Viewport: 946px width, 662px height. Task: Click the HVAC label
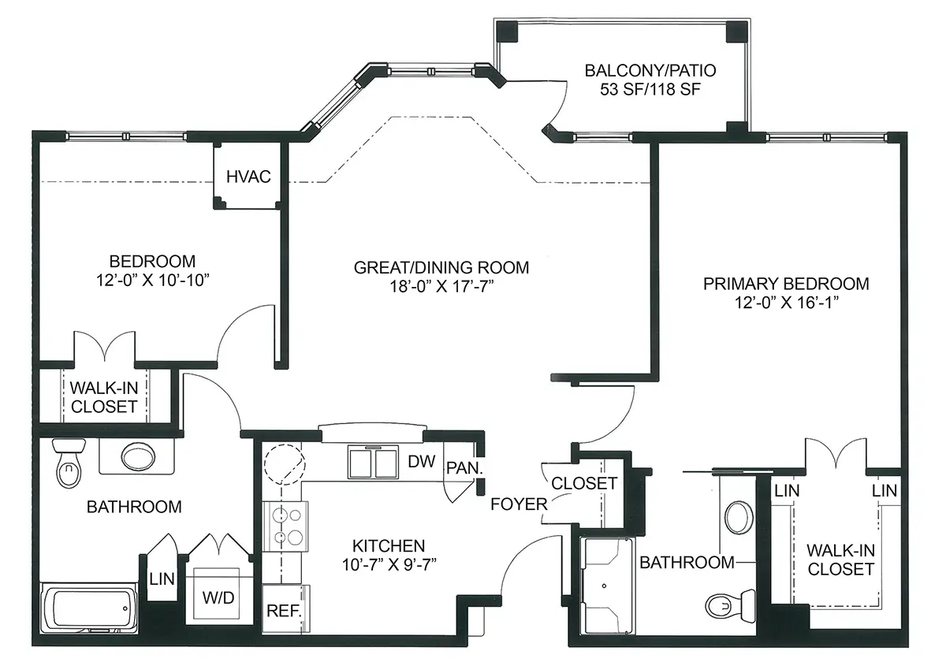tap(248, 177)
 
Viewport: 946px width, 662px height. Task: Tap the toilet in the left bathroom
tap(69, 463)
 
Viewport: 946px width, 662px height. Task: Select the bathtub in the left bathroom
tap(89, 608)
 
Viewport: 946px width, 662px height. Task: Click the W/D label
tap(218, 598)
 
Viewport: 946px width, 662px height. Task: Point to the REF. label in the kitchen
tap(284, 611)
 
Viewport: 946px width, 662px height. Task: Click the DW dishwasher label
tap(421, 462)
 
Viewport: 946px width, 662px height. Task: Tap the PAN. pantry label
tap(464, 468)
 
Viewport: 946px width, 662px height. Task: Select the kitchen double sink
tap(373, 462)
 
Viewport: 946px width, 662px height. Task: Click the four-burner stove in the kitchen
tap(285, 526)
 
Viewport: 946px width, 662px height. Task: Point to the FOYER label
tap(519, 504)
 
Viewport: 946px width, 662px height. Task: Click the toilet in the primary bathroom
tap(730, 606)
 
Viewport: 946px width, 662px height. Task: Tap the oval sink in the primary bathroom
tap(739, 518)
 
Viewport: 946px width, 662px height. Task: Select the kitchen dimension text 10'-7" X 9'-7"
tap(389, 564)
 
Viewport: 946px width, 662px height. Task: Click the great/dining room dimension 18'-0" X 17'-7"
tap(441, 287)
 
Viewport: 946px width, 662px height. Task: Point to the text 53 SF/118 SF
tap(650, 89)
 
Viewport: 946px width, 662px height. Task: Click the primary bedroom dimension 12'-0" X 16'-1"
tap(787, 303)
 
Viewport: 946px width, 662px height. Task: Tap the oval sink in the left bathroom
tap(138, 456)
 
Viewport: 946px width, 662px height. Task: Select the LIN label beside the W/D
tap(162, 578)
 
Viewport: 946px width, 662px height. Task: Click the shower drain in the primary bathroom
tap(604, 586)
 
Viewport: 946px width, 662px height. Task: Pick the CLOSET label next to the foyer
tap(584, 484)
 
